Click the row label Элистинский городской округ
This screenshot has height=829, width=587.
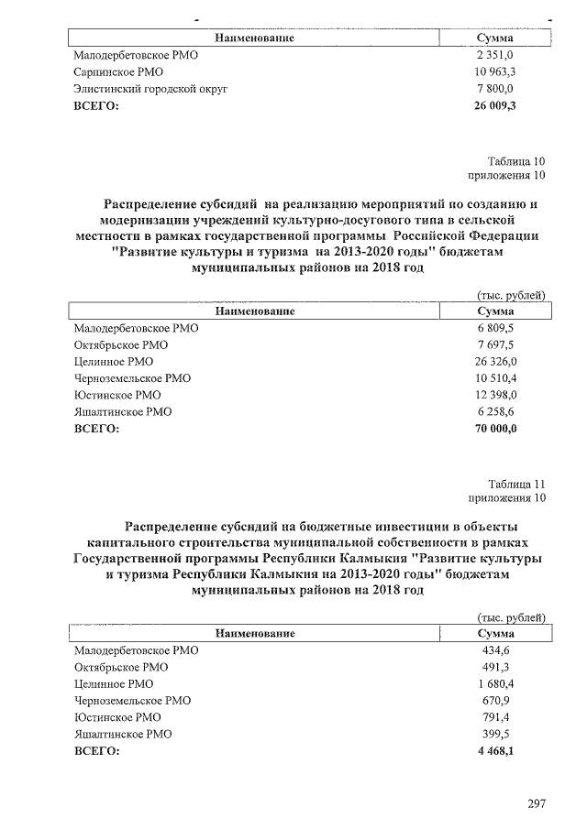pyautogui.click(x=150, y=89)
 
